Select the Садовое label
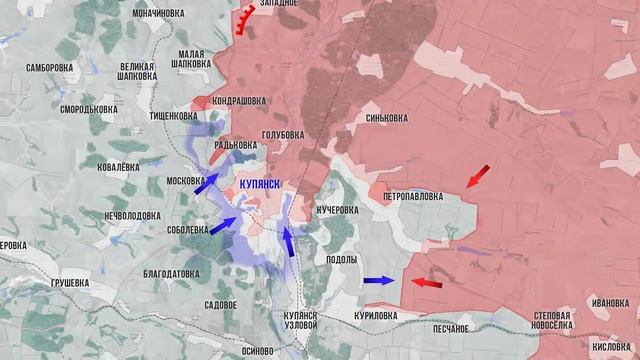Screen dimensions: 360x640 220,303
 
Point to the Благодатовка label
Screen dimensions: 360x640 172,272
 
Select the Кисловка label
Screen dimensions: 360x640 612,344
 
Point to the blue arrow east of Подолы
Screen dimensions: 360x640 378,281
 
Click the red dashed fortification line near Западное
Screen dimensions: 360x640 244,20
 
